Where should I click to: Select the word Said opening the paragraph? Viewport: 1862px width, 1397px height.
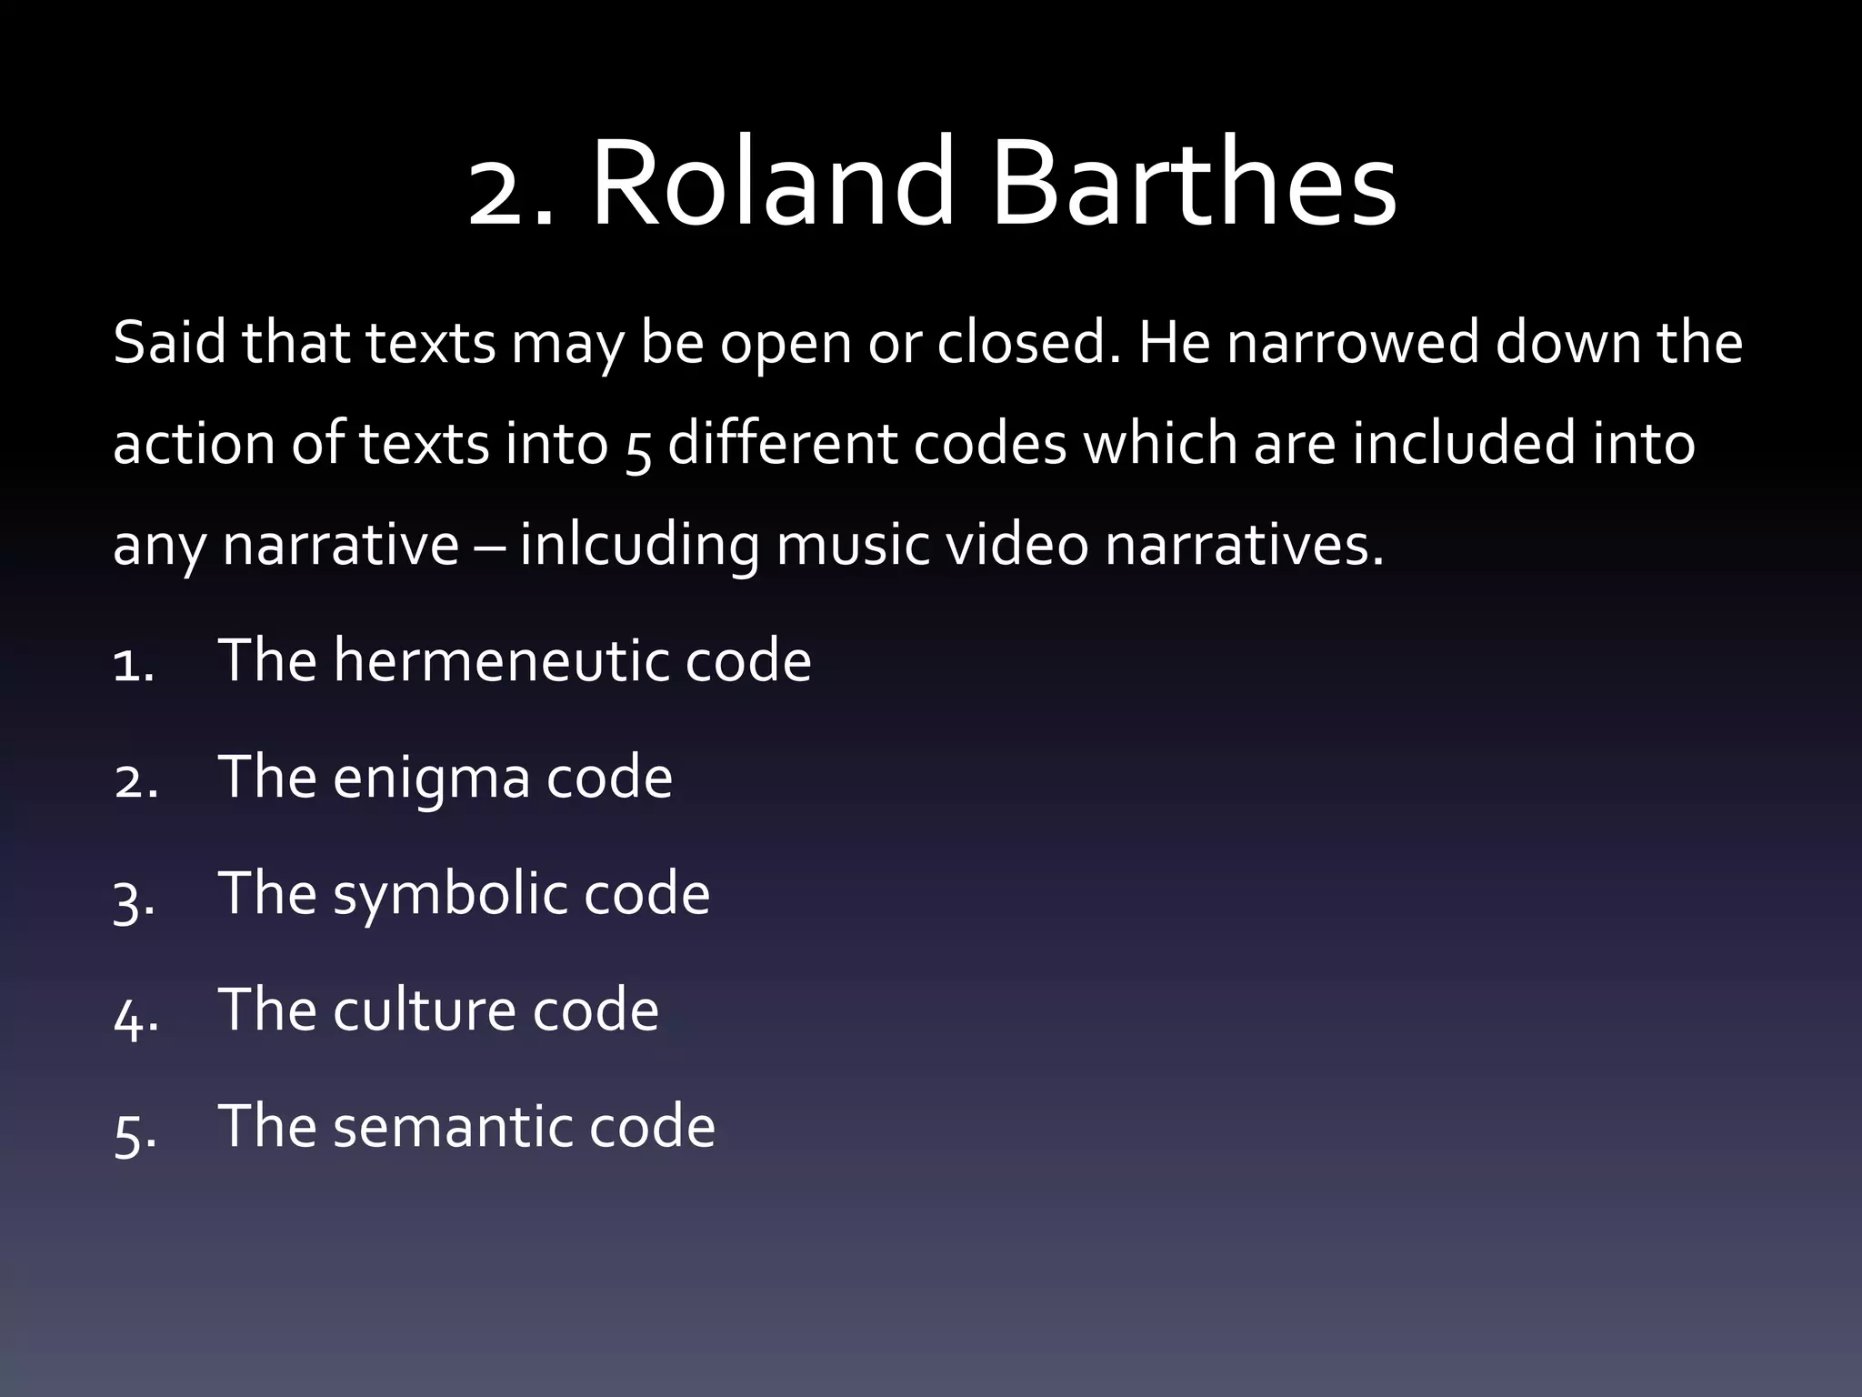(x=169, y=344)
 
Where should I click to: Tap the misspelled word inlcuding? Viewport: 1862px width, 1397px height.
(x=639, y=546)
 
